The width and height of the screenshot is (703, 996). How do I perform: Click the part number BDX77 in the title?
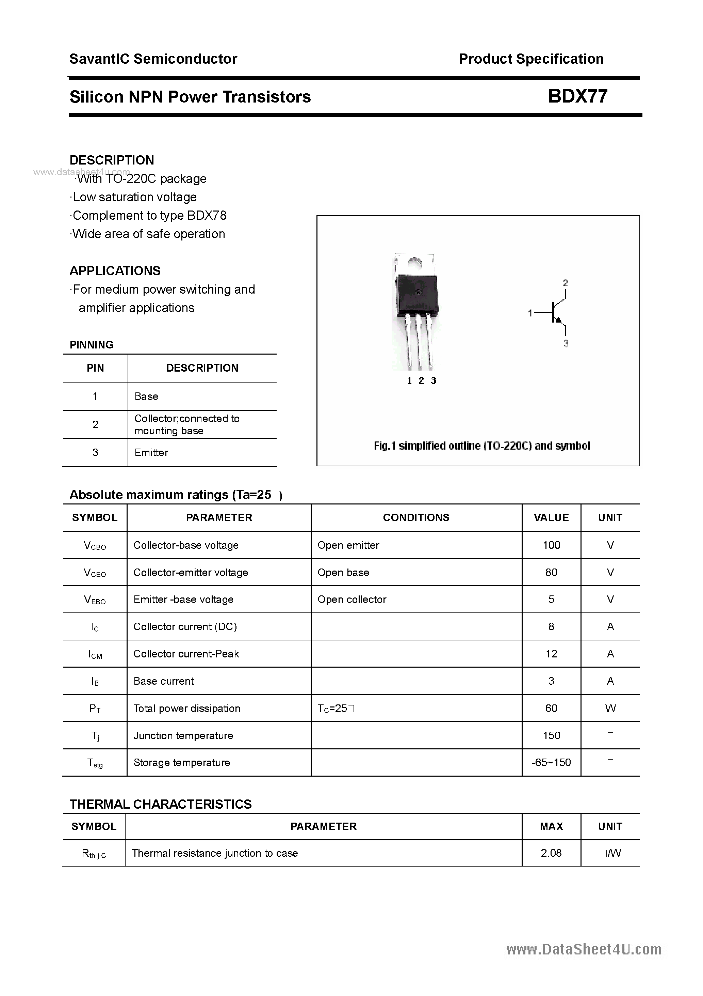click(x=577, y=96)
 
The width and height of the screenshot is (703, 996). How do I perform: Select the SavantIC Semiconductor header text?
click(x=153, y=59)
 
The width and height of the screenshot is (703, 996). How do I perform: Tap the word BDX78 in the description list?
click(x=207, y=216)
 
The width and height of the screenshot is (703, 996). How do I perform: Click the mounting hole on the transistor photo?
click(x=415, y=263)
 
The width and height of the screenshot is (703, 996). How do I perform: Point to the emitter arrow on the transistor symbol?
click(x=559, y=321)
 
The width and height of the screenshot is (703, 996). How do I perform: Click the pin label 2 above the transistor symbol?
click(x=565, y=283)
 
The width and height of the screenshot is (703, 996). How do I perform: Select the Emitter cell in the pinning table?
click(x=151, y=452)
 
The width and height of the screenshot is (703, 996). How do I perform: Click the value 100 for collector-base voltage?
click(x=551, y=545)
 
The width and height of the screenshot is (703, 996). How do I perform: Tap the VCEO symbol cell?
click(x=95, y=573)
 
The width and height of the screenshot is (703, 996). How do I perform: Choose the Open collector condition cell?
click(x=351, y=600)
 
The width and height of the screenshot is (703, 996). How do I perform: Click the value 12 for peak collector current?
click(x=551, y=654)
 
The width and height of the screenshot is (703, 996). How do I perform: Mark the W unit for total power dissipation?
click(x=610, y=709)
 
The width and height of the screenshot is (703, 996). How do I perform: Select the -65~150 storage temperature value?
click(x=551, y=762)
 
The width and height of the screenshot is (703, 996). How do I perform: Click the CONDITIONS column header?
click(x=416, y=517)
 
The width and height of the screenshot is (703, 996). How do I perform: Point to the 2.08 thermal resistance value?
click(x=551, y=853)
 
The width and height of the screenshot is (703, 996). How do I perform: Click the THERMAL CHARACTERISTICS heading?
click(x=160, y=804)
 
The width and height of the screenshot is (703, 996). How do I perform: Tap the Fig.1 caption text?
click(x=481, y=446)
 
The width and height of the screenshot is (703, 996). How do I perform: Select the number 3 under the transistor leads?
click(x=433, y=380)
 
